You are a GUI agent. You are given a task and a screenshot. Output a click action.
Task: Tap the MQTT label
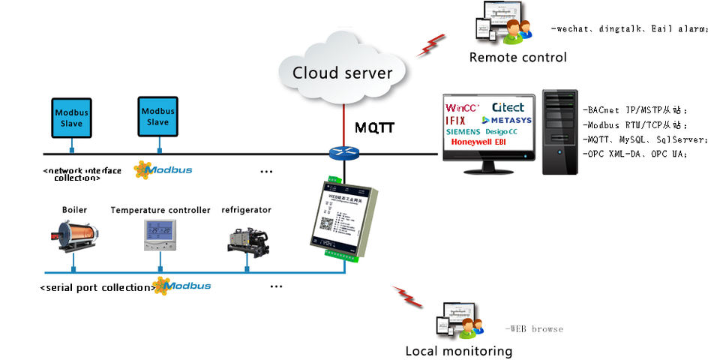click(x=374, y=128)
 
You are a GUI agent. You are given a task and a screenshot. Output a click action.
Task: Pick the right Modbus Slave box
click(x=158, y=116)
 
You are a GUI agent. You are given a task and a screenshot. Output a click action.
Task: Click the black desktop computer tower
click(x=559, y=132)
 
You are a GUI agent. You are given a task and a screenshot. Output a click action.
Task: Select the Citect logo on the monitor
click(x=508, y=107)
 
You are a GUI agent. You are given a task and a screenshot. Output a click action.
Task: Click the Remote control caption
click(x=517, y=58)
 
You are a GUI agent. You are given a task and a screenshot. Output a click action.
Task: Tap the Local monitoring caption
click(x=458, y=350)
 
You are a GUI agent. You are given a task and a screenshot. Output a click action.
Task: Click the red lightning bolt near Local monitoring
click(x=408, y=296)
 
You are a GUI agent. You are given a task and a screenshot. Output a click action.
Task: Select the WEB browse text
click(x=533, y=328)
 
